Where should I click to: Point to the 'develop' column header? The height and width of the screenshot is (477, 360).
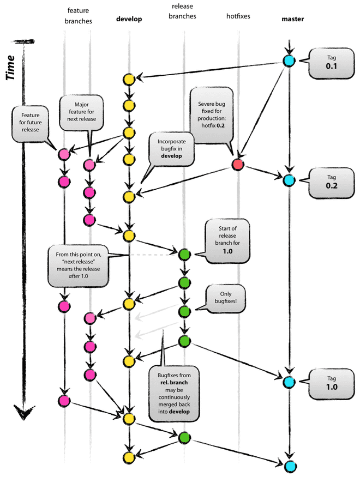[129, 19]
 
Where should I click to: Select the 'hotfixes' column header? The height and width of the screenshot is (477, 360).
[238, 17]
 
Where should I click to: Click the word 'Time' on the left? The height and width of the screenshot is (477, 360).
[14, 64]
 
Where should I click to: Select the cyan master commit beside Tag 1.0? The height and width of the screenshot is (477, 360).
[289, 382]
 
